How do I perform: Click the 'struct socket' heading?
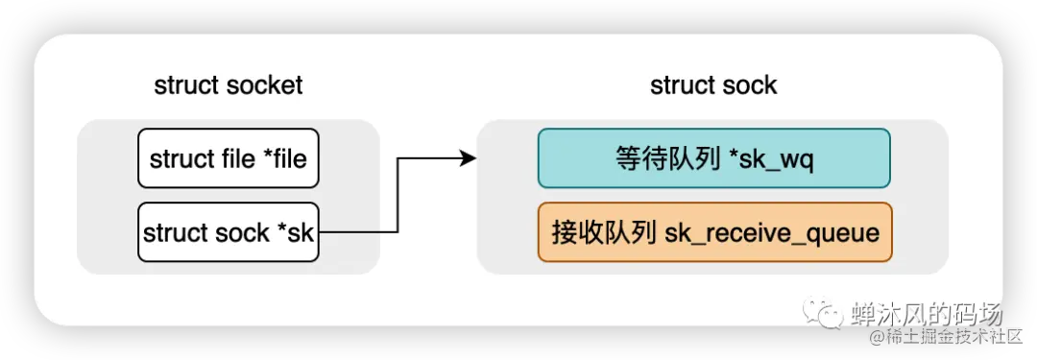(228, 85)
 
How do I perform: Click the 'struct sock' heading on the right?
(713, 85)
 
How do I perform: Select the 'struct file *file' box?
(228, 158)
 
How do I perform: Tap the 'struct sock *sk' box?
(228, 232)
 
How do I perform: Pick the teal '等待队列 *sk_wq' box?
(713, 158)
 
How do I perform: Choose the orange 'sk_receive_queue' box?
(714, 232)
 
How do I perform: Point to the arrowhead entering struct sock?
(469, 158)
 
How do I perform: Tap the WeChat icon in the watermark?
(825, 312)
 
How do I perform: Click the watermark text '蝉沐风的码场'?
(926, 313)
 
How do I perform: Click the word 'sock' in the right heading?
(751, 85)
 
